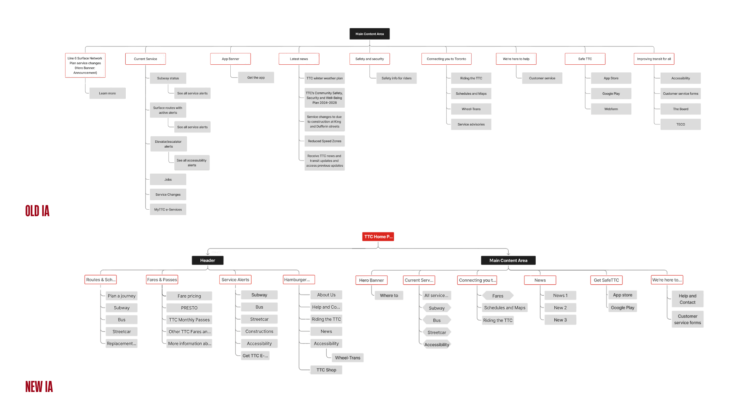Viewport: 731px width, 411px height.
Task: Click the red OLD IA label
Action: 37,211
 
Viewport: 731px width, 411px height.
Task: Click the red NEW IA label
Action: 39,387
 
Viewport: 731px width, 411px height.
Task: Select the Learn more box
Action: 107,93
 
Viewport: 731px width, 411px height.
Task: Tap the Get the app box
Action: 256,78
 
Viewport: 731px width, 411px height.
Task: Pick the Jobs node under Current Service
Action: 168,180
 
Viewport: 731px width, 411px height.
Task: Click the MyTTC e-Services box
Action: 168,210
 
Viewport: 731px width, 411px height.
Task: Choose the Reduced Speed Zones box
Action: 324,141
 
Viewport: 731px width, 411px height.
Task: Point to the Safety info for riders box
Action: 396,78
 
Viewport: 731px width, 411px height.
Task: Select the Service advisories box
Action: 471,124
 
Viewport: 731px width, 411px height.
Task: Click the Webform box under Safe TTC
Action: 611,109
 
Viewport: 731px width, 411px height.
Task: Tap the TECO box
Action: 680,124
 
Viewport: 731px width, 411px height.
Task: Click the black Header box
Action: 207,260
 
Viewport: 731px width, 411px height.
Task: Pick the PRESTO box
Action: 189,308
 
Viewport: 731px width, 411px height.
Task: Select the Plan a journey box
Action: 121,296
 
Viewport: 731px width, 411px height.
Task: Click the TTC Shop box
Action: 326,370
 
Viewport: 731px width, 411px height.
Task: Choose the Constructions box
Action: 259,331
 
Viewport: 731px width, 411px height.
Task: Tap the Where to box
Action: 389,295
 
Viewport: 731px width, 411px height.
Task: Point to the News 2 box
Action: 560,307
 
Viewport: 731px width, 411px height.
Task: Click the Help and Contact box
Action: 687,299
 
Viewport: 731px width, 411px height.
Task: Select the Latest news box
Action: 299,59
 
